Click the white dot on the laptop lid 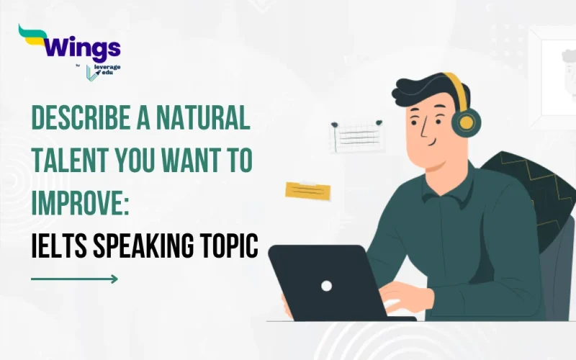(x=326, y=285)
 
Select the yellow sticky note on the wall (x=307, y=190)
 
